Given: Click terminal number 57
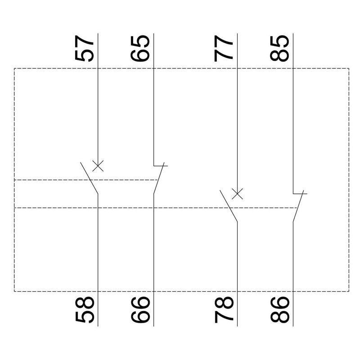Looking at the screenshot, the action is tap(84, 48).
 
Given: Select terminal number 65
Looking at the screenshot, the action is tap(140, 49).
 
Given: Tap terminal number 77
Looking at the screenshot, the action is tap(223, 49).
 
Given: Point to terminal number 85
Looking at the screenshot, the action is tap(279, 49).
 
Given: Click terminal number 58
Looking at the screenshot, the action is tap(85, 310).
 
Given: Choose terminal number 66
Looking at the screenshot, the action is tap(140, 310).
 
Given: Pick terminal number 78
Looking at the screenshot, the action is tap(224, 310).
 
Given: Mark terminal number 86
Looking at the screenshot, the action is tap(279, 310).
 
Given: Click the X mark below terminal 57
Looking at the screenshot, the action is tap(98, 166).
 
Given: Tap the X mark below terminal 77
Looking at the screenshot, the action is tap(238, 194).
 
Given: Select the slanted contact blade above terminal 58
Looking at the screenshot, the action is tap(89, 178).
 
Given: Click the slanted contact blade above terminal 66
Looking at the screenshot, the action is tap(159, 178).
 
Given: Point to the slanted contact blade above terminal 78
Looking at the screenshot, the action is tap(229, 206).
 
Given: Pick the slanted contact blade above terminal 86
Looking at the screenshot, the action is tap(298, 206).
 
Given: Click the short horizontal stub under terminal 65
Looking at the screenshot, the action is tap(161, 166).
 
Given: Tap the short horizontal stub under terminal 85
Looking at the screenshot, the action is tap(300, 193).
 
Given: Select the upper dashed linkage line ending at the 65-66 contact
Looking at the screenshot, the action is tap(86, 180).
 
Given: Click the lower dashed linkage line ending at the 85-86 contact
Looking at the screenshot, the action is tap(156, 208).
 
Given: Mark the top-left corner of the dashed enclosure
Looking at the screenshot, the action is tap(14, 68).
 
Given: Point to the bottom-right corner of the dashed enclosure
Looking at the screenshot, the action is tap(349, 291).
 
